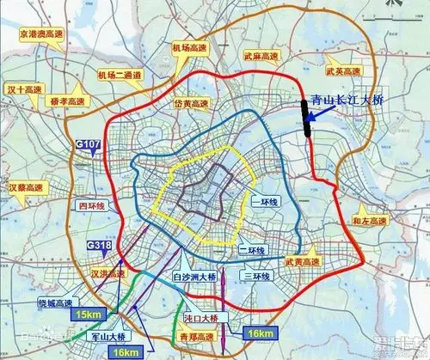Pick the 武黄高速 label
tap(304, 259)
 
